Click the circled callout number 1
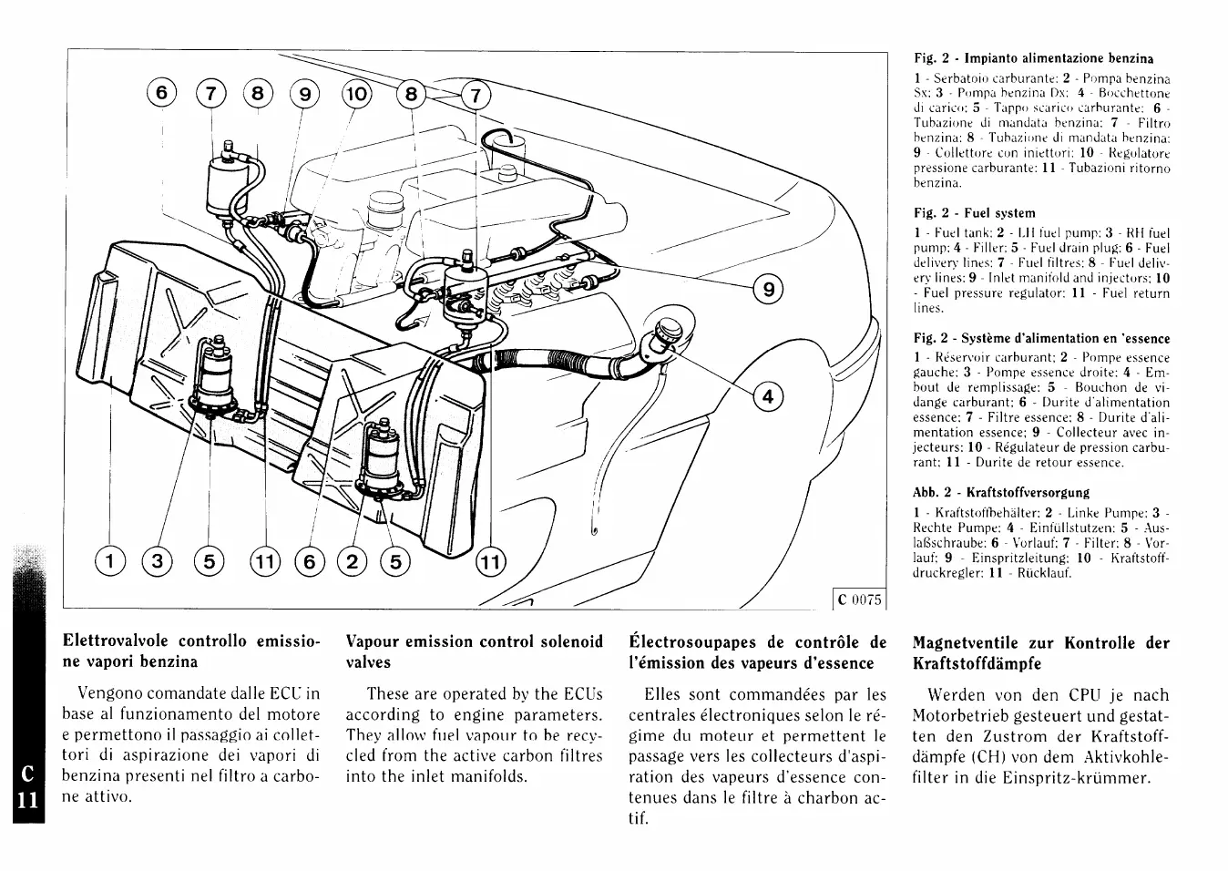[x=110, y=562]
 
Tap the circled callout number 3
[x=159, y=562]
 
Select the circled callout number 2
[x=350, y=562]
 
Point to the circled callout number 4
[x=768, y=397]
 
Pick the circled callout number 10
[x=356, y=93]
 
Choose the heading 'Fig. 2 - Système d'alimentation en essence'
[x=1041, y=338]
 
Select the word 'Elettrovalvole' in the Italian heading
[x=122, y=641]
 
